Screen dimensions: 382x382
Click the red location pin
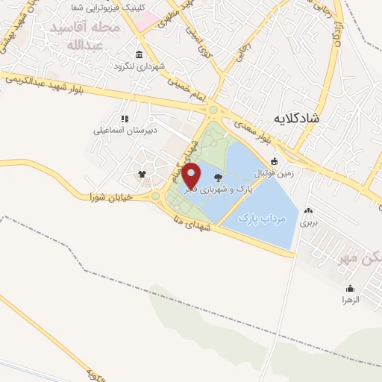point(192,178)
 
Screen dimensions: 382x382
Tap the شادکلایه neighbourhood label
point(296,118)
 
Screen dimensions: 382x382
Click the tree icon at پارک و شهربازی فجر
point(218,178)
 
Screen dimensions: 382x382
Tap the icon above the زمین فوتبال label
point(274,162)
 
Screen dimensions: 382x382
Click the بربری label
point(309,222)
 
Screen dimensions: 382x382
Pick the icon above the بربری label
point(308,210)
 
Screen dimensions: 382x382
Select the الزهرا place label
point(351,299)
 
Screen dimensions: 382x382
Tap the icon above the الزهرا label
point(350,288)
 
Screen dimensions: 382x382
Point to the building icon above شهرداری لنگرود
point(140,54)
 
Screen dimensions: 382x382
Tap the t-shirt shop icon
point(142,175)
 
